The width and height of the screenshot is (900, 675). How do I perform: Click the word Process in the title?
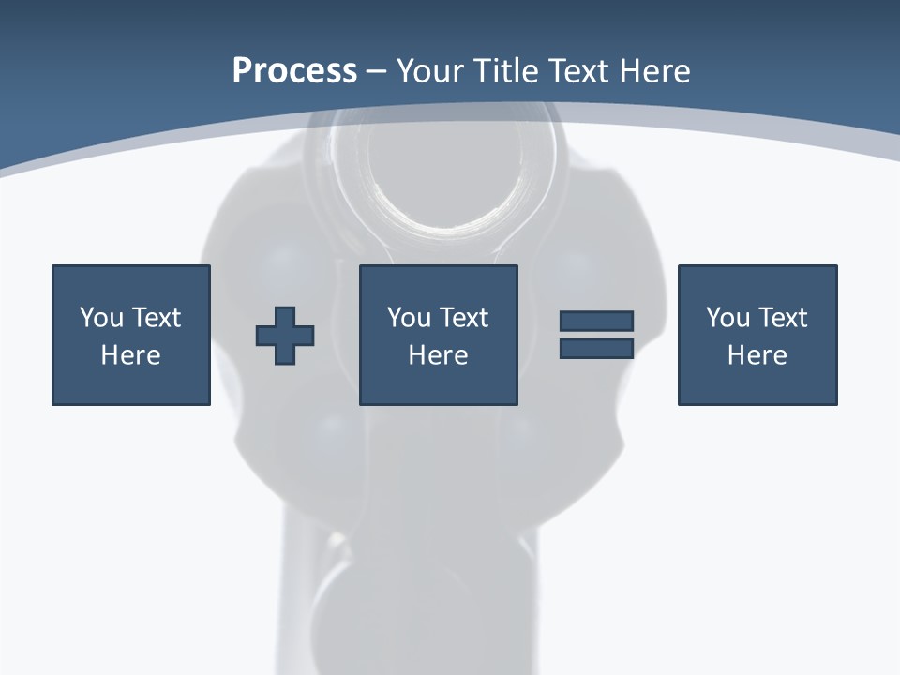click(294, 71)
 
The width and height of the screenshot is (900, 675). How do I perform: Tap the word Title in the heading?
click(506, 71)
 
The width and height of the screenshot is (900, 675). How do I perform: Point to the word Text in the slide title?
click(584, 71)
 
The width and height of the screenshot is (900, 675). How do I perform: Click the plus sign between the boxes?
click(285, 336)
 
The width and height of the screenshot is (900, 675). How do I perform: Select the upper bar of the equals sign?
click(596, 321)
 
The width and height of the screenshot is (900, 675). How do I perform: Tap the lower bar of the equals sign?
click(596, 349)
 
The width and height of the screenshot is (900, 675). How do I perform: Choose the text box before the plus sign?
click(131, 335)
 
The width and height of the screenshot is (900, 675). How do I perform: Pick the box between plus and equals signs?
click(439, 335)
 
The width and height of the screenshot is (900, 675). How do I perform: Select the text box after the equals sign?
click(757, 335)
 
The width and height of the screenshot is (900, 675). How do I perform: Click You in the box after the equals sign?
click(727, 318)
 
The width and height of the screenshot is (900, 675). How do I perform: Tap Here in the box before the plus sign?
click(131, 355)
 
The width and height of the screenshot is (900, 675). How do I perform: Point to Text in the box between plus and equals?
click(464, 318)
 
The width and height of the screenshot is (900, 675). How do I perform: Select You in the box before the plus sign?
click(100, 318)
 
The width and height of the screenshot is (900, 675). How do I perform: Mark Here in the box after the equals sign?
click(757, 355)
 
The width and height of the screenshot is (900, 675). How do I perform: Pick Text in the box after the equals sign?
click(783, 318)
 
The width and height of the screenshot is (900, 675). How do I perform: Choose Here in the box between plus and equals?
click(439, 355)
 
